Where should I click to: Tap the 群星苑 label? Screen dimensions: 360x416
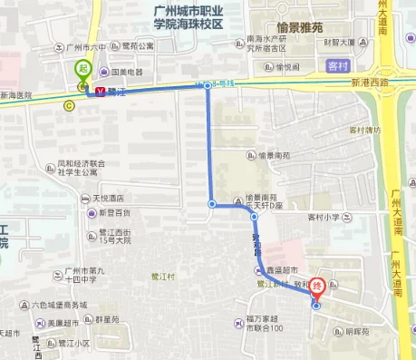click(x=105, y=319)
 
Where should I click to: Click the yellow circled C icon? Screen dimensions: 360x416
click(x=69, y=104)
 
